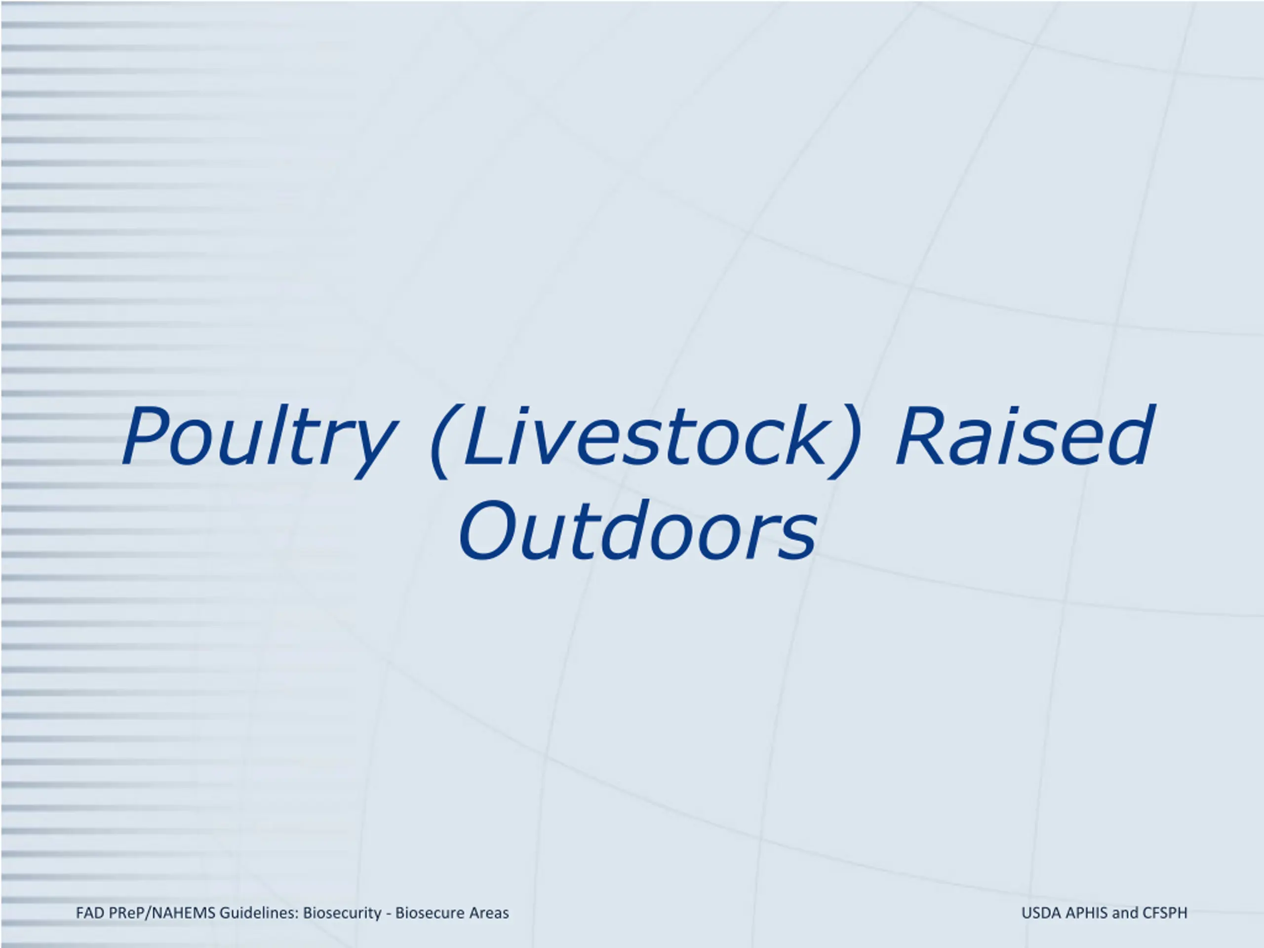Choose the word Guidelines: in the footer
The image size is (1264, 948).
pos(259,912)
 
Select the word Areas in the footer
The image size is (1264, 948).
pos(489,912)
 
